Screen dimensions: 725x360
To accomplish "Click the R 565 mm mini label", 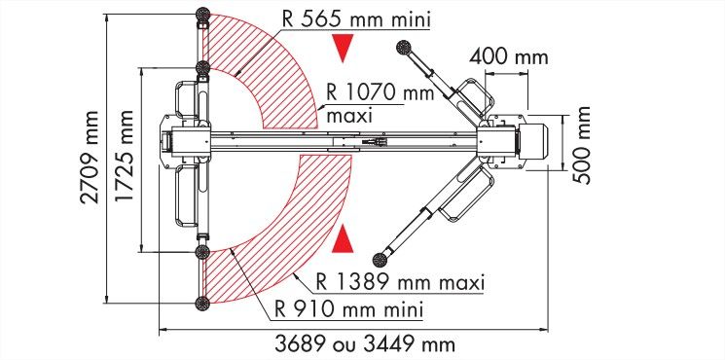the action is tap(356, 19).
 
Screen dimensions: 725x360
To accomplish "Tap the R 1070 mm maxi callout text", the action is tap(381, 103).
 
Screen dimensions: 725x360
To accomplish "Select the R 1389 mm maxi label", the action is tap(400, 282).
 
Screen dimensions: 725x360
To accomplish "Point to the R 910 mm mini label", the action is tap(348, 308).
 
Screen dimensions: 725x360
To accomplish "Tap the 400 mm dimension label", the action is tap(509, 57).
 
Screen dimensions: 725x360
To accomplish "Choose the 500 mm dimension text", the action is tap(582, 145).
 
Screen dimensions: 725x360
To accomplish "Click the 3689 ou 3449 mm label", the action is tap(365, 344).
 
